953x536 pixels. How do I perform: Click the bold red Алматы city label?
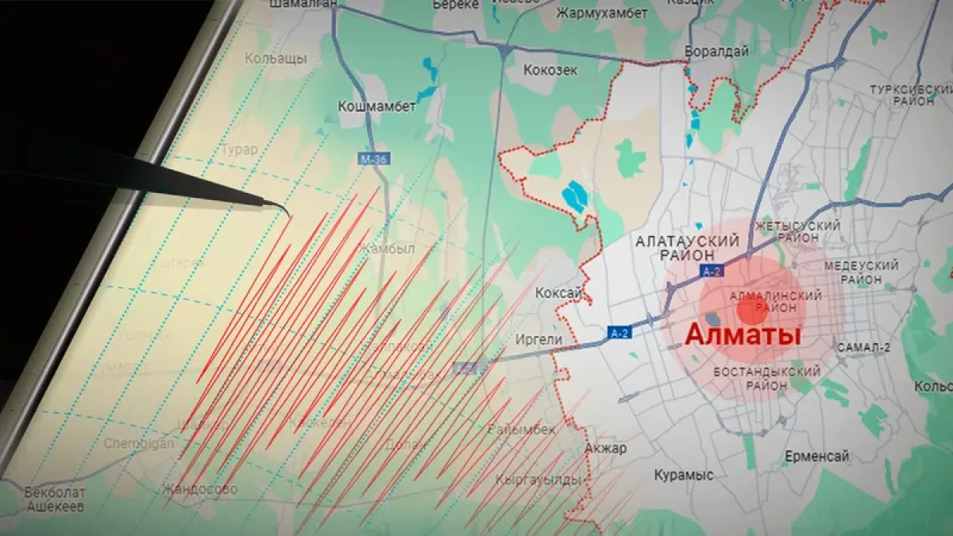(743, 336)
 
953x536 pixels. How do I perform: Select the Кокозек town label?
(550, 70)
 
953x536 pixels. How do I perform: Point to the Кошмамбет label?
(376, 106)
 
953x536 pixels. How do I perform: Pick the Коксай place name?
(559, 293)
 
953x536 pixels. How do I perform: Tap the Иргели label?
(538, 339)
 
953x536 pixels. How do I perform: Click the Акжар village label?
(605, 449)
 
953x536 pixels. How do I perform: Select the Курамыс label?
(684, 475)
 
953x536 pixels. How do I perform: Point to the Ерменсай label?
(817, 457)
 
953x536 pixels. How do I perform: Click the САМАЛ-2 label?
(863, 348)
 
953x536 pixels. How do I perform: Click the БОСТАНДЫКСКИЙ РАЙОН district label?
(755, 378)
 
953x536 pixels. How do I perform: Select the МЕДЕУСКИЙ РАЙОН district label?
(861, 272)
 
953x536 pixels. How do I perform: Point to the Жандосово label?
(199, 489)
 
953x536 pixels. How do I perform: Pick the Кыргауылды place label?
(538, 480)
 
